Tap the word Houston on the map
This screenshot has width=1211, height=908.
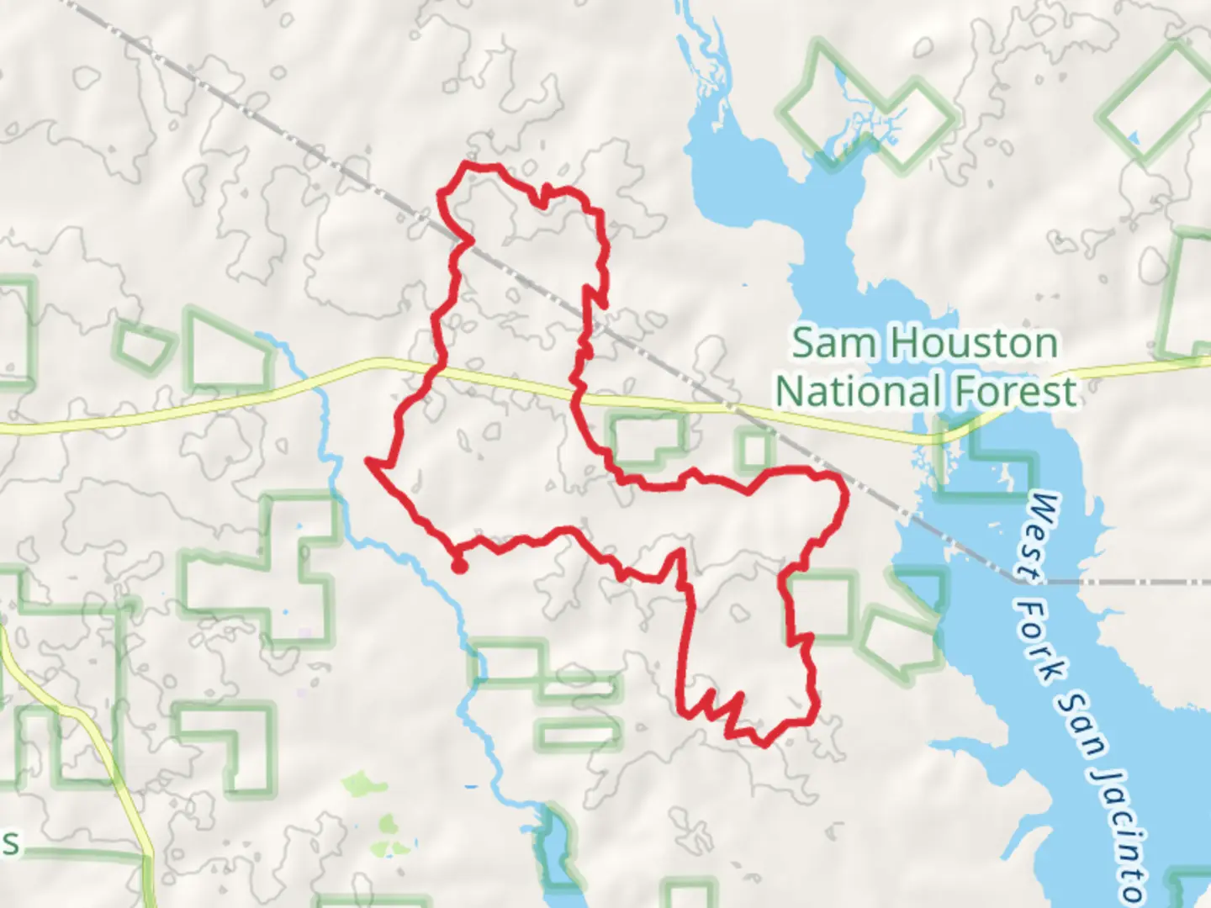974,343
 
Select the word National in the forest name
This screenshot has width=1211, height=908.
858,392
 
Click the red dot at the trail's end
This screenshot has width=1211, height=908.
459,566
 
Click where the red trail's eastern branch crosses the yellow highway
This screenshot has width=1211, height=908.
577,391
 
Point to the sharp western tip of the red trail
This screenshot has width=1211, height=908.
368,460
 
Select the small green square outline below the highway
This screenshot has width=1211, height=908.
754,449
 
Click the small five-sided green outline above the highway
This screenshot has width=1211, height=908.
143,346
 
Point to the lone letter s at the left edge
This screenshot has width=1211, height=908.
10,843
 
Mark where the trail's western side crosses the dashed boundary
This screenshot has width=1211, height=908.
463,239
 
